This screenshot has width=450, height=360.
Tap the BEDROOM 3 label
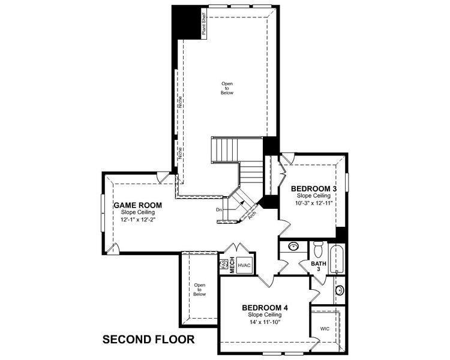pos(314,189)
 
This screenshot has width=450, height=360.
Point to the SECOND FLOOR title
pos(148,340)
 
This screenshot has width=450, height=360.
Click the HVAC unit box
pos(244,265)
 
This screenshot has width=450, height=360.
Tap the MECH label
pos(232,268)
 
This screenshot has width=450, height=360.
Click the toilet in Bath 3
pos(319,248)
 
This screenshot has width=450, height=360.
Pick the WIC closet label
pos(325,329)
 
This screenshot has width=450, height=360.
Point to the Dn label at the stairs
pos(220,209)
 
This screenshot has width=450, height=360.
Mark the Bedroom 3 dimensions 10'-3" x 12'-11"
pos(314,203)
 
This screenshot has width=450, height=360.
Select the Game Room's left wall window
pos(101,212)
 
